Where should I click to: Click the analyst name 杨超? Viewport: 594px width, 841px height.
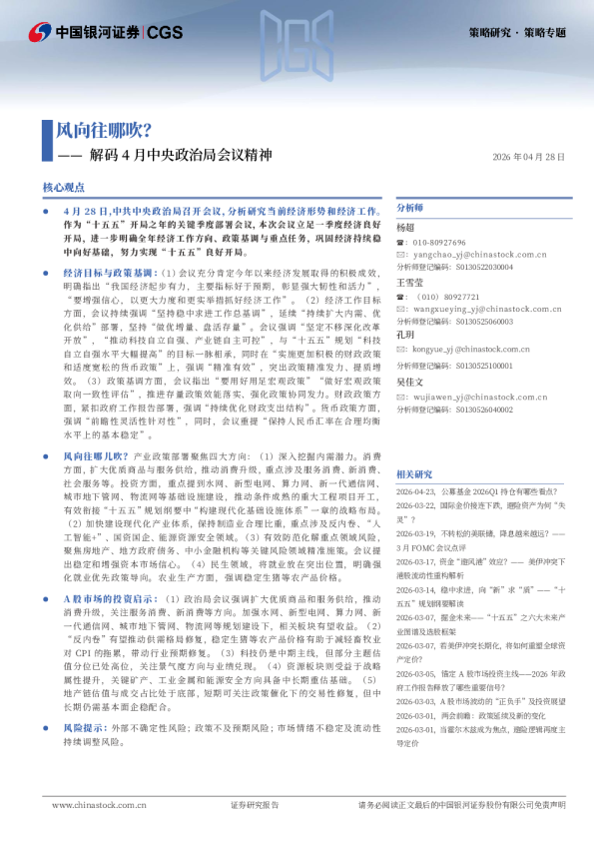404,228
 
